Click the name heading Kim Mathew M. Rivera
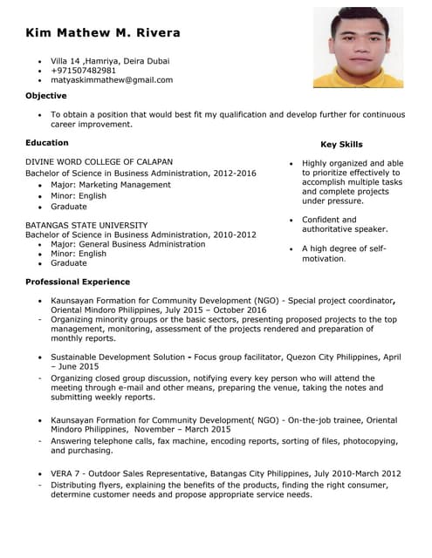point(103,33)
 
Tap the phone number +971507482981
point(83,71)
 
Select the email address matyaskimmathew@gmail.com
point(112,80)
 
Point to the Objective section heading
point(45,96)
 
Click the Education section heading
point(47,142)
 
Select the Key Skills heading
point(341,145)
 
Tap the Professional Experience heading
point(78,282)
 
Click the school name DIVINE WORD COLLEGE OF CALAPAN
point(99,162)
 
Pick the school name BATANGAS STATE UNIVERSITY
point(86,224)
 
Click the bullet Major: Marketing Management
point(111,185)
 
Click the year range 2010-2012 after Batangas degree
point(234,235)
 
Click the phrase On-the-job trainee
point(325,419)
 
